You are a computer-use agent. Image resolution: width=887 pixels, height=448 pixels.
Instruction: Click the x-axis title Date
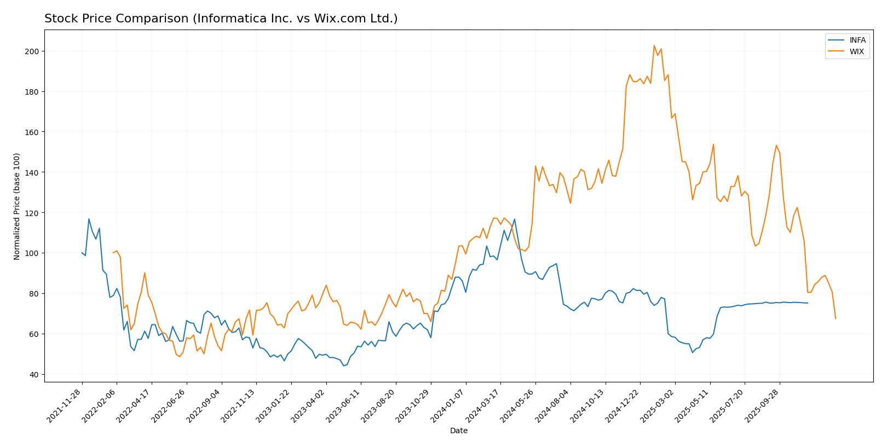[458, 431]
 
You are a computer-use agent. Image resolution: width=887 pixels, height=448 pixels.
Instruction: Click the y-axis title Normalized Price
[17, 206]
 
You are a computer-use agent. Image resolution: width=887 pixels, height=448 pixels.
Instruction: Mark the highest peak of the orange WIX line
[654, 45]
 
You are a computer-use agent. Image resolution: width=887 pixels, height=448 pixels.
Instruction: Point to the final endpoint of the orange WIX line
[836, 318]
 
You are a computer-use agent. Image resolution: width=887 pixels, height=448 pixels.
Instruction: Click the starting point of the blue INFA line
[82, 253]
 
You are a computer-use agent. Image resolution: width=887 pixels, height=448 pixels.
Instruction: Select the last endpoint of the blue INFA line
[807, 303]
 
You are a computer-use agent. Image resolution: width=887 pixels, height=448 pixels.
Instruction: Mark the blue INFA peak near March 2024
[514, 219]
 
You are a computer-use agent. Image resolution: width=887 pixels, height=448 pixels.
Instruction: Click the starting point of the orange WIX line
[113, 253]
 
